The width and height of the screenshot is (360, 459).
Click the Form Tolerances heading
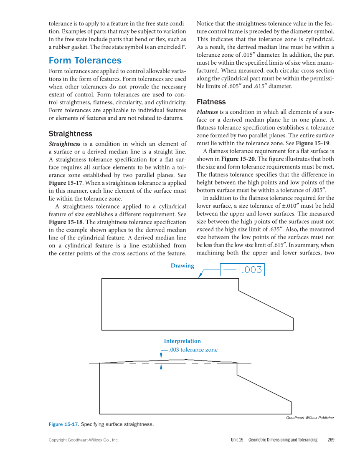point(85,61)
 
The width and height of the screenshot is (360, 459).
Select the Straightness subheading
point(70,134)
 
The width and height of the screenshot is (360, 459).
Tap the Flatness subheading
point(211,102)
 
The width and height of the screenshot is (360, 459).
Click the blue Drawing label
point(182,266)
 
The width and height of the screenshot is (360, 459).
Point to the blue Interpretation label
point(182,341)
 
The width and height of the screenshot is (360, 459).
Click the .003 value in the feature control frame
point(252,270)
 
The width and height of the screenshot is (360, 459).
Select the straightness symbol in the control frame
point(229,270)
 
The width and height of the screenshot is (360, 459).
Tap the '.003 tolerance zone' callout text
point(193,350)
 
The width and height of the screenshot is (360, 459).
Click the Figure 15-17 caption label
point(63,424)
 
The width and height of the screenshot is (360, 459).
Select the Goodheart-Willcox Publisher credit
point(310,418)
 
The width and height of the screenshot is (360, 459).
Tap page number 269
point(331,440)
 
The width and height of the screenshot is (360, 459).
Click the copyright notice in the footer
point(84,440)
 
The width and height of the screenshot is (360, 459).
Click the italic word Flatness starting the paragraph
point(207,112)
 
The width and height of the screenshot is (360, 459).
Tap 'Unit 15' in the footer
point(237,440)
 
